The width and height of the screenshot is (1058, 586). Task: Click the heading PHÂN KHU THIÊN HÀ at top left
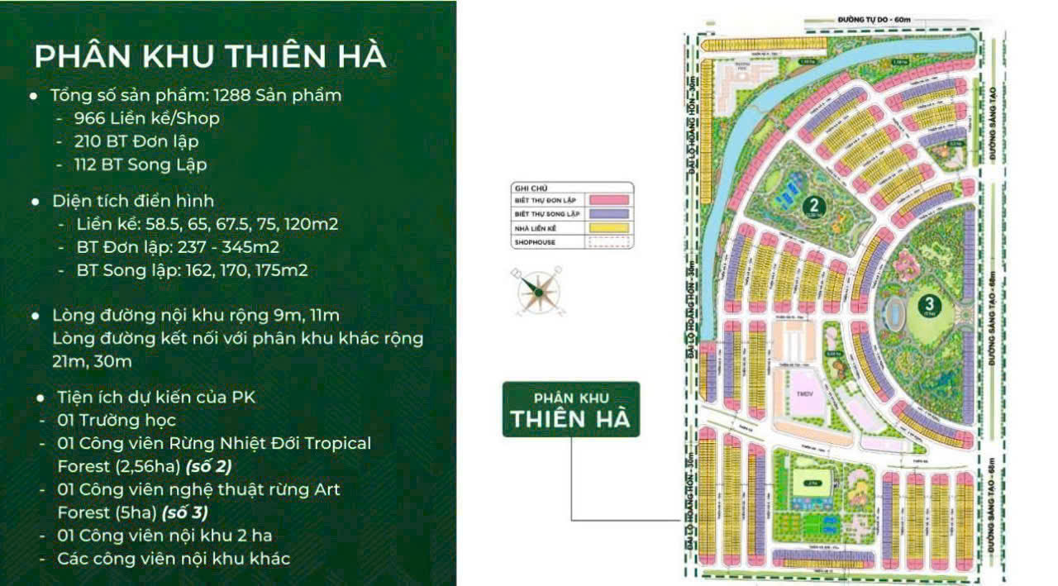(x=210, y=56)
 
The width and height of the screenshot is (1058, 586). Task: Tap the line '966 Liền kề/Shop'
(x=146, y=118)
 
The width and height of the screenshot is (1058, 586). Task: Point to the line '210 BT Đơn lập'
(x=136, y=141)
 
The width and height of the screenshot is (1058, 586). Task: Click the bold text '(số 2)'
(x=208, y=466)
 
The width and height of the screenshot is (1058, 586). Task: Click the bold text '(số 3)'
(x=183, y=512)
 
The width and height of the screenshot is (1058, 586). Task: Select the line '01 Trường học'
(x=117, y=421)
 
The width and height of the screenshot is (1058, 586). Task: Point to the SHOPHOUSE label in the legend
(x=534, y=243)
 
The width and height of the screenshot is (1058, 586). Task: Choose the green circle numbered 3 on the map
(x=927, y=304)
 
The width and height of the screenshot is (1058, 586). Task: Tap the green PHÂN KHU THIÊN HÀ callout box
(x=570, y=409)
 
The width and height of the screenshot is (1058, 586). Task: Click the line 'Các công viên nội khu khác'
(x=174, y=559)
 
